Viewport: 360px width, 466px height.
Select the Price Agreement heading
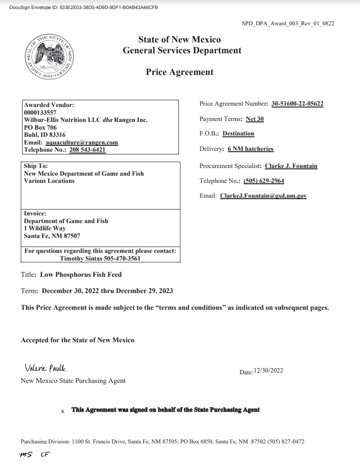coord(180,72)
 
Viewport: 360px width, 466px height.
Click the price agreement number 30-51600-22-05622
coord(297,104)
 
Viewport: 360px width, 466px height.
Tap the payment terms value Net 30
coord(255,119)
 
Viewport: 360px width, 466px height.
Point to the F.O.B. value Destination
coord(238,134)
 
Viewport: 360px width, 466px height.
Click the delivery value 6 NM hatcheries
coord(250,149)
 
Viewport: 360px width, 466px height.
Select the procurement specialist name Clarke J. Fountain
coord(291,166)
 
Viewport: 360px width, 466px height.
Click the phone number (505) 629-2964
coord(263,181)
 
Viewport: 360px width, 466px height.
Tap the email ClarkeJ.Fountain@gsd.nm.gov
coord(263,196)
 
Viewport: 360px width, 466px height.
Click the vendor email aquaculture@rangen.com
coord(82,143)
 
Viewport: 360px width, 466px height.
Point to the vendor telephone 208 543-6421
coord(88,150)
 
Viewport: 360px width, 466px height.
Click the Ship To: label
coord(36,166)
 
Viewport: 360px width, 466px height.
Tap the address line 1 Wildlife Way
coord(45,228)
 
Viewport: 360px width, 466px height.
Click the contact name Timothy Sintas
coord(79,259)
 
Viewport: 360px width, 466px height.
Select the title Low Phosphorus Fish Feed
coord(81,275)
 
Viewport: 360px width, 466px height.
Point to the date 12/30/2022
coord(268,371)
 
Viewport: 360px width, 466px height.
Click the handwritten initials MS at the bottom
coord(26,455)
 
